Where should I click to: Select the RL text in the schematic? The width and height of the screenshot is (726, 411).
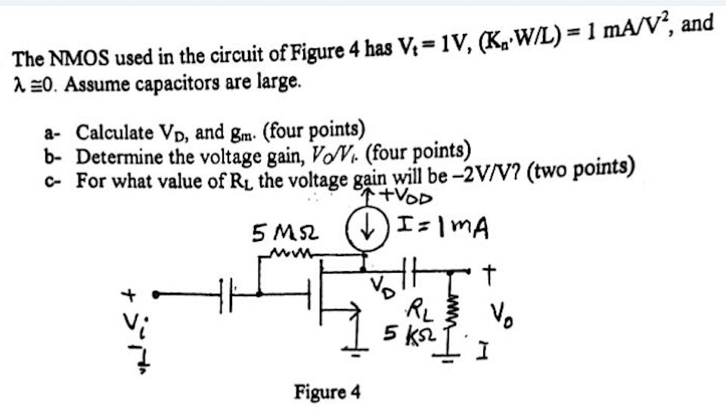point(417,308)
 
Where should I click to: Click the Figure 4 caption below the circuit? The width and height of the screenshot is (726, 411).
point(327,393)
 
